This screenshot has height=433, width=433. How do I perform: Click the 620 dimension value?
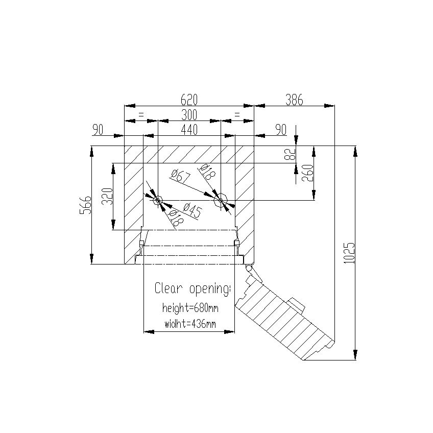189,100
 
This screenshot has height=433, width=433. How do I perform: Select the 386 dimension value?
294,100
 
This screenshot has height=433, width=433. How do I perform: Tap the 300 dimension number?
189,115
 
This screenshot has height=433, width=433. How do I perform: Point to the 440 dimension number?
189,130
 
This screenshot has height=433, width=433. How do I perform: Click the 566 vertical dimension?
85,205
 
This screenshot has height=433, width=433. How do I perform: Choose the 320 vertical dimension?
107,197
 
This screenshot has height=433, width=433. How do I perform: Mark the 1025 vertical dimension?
349,253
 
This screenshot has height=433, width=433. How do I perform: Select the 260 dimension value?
308,173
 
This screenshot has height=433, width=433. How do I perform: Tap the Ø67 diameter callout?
181,176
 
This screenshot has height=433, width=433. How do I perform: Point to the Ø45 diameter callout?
192,210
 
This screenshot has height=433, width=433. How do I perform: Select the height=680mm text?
190,308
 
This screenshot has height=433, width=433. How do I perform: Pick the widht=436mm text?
190,324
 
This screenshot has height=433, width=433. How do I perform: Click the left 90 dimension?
98,130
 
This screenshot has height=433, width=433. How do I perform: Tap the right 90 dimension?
281,130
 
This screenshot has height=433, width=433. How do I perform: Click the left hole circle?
158,200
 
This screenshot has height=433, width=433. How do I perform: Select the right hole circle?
221,200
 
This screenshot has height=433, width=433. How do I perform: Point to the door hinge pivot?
249,268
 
